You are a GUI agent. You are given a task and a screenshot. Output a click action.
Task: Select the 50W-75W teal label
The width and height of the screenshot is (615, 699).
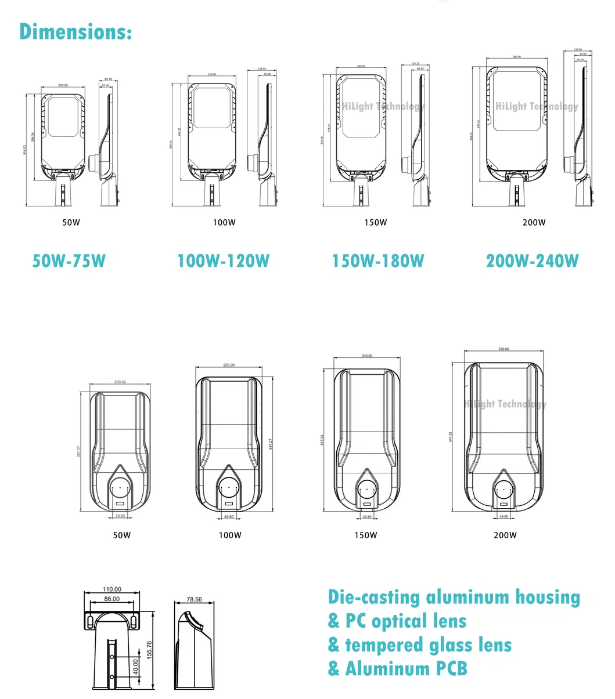[x=69, y=261]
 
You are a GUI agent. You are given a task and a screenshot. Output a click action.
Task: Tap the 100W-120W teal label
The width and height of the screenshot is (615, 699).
[x=224, y=261]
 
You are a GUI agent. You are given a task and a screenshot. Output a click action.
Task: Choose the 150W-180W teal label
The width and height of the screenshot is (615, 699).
[x=378, y=261]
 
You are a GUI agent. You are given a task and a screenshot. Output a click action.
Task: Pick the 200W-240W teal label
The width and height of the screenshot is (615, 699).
[x=533, y=261]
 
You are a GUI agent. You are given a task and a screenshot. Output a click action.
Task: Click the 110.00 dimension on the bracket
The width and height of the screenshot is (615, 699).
[x=112, y=589]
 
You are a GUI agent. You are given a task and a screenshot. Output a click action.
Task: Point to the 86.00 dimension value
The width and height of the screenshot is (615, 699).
[x=112, y=599]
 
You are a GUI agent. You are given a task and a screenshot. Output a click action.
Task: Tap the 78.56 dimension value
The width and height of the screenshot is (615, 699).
[x=195, y=599]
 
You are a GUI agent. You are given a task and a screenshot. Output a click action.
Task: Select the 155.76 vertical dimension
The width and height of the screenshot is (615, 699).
[x=149, y=650]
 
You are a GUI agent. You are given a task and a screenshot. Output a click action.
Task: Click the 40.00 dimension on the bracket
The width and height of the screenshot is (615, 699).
[x=136, y=667]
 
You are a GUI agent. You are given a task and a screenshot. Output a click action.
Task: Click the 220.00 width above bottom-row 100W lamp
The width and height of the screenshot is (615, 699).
[x=229, y=365]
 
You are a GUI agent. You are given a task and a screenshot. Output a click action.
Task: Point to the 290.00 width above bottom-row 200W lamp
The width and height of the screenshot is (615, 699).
[x=503, y=349]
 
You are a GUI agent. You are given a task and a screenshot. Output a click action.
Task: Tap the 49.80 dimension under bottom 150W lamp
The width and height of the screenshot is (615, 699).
[x=367, y=517]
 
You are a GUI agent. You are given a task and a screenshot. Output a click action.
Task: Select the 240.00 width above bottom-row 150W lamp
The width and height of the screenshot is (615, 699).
[x=367, y=356]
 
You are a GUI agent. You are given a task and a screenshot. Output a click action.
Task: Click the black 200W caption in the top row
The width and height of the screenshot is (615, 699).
[x=534, y=223]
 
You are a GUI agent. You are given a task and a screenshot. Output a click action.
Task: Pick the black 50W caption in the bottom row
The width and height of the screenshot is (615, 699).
[x=122, y=535]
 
